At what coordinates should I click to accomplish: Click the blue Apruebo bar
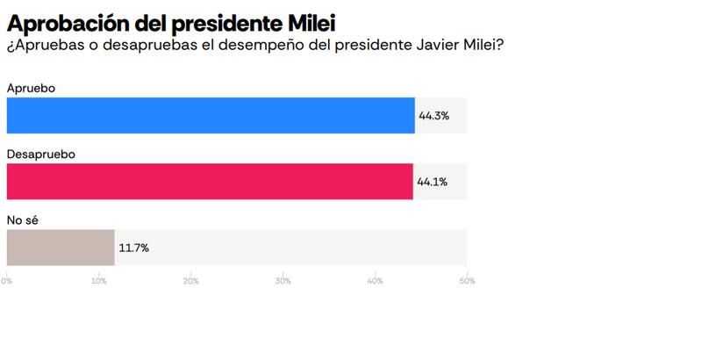coord(211,115)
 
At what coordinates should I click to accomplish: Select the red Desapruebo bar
coord(210,181)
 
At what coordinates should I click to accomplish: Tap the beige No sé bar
coord(61,248)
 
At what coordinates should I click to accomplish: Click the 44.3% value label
coord(434,116)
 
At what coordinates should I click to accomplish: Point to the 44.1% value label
coord(433,182)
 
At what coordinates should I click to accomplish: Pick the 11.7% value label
coord(134,248)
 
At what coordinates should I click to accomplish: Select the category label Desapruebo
coord(40,154)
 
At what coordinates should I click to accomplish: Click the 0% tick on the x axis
coord(7,281)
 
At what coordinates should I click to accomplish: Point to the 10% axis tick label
coord(99,281)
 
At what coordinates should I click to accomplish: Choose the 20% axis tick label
coord(191,281)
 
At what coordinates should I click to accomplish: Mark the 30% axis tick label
coord(283,281)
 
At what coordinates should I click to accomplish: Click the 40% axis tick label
coord(376,281)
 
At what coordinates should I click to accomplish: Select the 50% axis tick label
coord(467,281)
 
